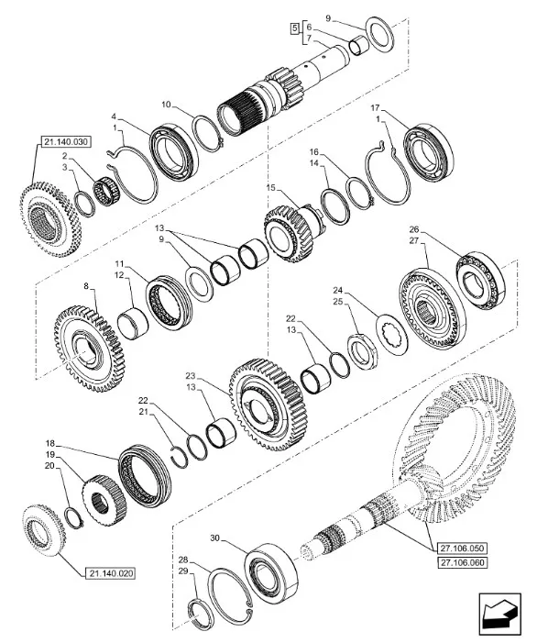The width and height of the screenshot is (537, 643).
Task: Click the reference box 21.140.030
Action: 66,140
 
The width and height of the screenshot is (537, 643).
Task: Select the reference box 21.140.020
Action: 111,573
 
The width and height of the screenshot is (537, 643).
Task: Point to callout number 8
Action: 89,286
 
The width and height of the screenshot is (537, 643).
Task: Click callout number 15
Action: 268,188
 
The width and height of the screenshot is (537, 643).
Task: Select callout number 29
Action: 184,571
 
